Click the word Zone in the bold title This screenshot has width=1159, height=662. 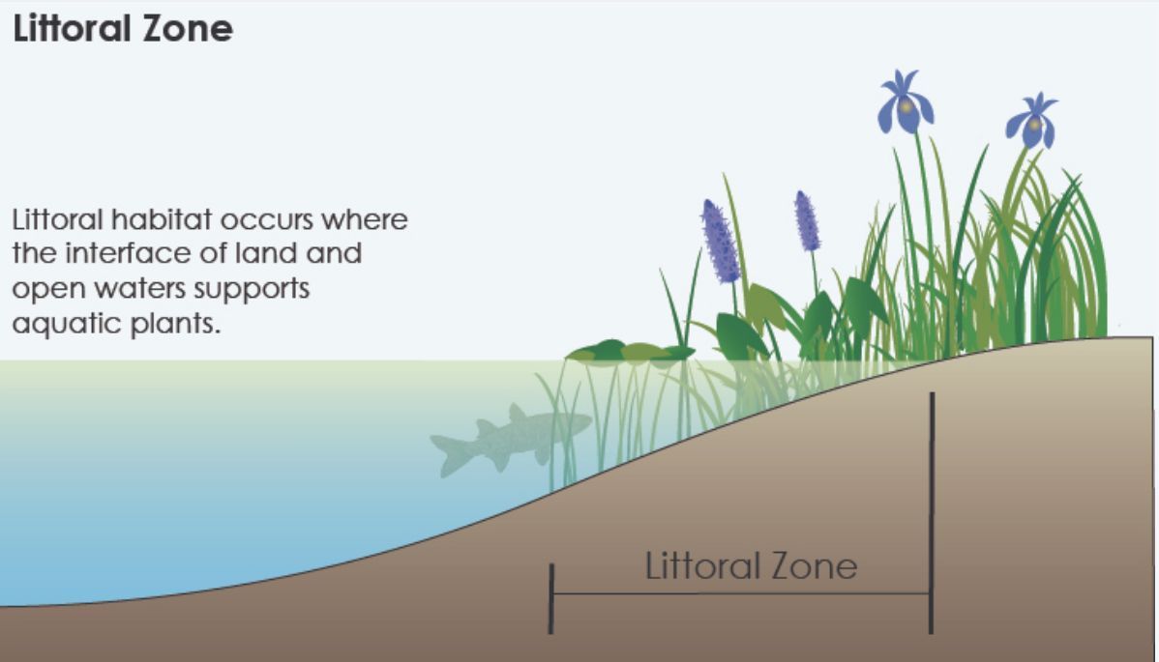[x=188, y=29]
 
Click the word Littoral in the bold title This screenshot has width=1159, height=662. [x=72, y=29]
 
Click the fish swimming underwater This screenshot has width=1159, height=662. [x=510, y=439]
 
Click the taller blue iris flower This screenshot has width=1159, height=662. [x=905, y=102]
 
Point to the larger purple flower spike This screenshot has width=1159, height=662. [x=720, y=241]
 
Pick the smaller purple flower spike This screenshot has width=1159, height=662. [x=807, y=220]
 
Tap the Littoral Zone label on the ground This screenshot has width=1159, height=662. [x=751, y=566]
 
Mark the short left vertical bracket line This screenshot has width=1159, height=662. [x=550, y=598]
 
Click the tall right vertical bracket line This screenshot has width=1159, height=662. [x=932, y=513]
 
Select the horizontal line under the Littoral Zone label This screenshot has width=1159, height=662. [x=741, y=593]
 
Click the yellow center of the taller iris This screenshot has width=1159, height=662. [x=906, y=106]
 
